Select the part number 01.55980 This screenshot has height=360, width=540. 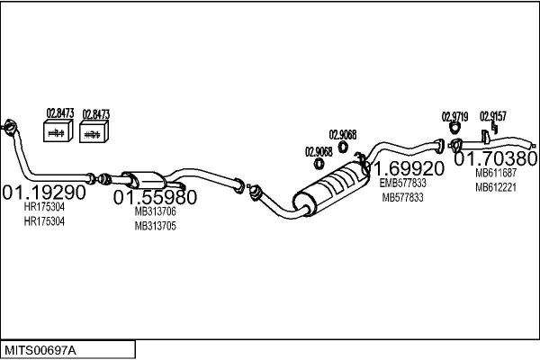click(155, 195)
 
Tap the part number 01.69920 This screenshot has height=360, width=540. click(409, 168)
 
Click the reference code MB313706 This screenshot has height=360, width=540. click(155, 211)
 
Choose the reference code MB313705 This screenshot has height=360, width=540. click(155, 226)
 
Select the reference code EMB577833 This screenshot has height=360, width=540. click(403, 183)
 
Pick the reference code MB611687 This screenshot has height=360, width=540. click(496, 173)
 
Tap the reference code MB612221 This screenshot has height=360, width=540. click(496, 187)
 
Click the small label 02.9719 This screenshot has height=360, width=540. click(454, 116)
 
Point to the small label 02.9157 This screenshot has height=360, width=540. click(493, 116)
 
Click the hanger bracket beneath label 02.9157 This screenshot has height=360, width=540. click(484, 138)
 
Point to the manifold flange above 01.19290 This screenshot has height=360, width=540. click(10, 127)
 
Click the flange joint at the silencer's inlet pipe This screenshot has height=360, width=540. click(255, 191)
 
